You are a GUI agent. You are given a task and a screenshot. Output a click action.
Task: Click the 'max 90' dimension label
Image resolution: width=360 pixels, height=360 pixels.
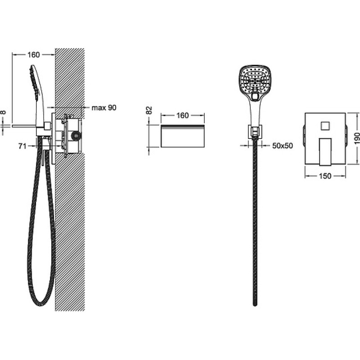(104, 108)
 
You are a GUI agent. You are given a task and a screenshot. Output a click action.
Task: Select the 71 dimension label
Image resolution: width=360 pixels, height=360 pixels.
(22, 146)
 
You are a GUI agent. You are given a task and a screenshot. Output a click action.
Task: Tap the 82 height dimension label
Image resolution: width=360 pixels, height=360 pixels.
(149, 110)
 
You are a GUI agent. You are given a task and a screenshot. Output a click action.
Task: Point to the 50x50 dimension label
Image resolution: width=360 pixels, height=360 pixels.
(283, 145)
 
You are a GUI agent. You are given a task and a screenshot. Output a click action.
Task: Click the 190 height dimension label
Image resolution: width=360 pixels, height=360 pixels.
(356, 138)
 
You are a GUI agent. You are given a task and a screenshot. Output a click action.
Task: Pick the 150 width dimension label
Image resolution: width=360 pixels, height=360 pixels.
(325, 176)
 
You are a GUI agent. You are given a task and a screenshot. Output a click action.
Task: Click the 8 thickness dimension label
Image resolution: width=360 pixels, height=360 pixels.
(3, 112)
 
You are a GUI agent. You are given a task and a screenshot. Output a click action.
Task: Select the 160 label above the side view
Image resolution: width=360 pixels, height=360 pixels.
(33, 54)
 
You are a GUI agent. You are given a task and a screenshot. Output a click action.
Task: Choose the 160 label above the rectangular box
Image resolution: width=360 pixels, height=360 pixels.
(183, 116)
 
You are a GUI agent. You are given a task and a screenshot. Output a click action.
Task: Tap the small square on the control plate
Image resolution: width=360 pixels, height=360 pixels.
(325, 126)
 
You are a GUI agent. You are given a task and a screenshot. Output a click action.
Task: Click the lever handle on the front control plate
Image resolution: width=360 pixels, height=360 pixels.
(325, 152)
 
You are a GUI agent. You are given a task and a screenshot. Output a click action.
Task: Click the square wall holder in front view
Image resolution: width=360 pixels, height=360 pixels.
(254, 132)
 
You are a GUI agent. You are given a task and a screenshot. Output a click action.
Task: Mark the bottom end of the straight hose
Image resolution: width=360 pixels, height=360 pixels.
(255, 305)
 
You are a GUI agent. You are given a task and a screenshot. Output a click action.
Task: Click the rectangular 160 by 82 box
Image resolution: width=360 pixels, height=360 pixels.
(183, 136)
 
